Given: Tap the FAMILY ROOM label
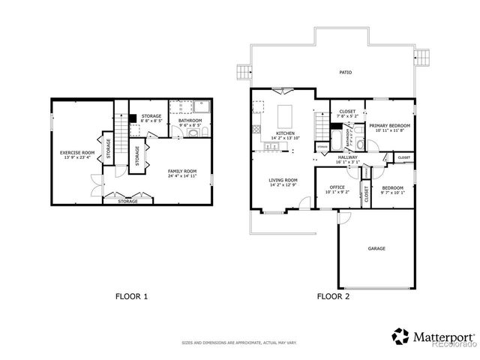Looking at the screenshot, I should pyautogui.click(x=182, y=170).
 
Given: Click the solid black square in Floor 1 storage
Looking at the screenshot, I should pyautogui.click(x=131, y=118).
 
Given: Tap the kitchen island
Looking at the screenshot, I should pyautogui.click(x=285, y=116).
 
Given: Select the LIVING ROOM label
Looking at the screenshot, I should pyautogui.click(x=283, y=180).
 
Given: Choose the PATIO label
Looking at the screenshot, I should pyautogui.click(x=344, y=73).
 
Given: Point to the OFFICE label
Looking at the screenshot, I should pyautogui.click(x=337, y=187).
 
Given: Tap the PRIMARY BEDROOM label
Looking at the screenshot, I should pyautogui.click(x=388, y=125).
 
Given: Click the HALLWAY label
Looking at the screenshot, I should pyautogui.click(x=347, y=157).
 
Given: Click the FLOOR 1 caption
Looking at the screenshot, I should pyautogui.click(x=131, y=296).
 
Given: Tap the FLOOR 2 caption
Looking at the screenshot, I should pyautogui.click(x=333, y=296).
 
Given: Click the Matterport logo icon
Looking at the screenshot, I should pyautogui.click(x=401, y=334).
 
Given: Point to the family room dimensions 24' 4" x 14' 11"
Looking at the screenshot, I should pyautogui.click(x=182, y=175).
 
